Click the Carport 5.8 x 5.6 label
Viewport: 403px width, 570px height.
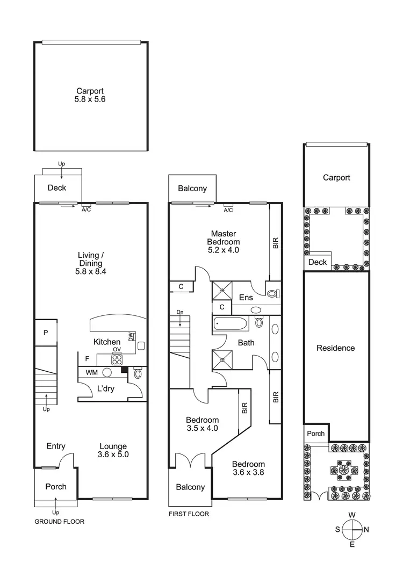point(90,95)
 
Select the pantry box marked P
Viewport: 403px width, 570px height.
point(46,333)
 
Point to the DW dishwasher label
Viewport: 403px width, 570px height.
point(131,337)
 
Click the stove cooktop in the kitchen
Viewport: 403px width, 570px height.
point(117,359)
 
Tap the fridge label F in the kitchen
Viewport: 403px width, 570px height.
point(87,358)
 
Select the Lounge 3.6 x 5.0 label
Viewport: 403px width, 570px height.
point(113,450)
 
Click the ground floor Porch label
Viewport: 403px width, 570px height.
point(56,487)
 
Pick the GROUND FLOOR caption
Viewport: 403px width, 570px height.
point(59,522)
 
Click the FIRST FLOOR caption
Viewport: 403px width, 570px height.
point(188,514)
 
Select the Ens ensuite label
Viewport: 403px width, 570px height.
point(246,298)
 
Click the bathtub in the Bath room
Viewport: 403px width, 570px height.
point(230,324)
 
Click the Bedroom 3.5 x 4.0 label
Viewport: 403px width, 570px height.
point(202,424)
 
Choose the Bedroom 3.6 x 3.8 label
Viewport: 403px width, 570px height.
point(248,468)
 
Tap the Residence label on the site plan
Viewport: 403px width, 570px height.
point(336,348)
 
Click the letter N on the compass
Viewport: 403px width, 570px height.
point(367,530)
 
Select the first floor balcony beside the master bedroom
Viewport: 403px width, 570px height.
point(192,189)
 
